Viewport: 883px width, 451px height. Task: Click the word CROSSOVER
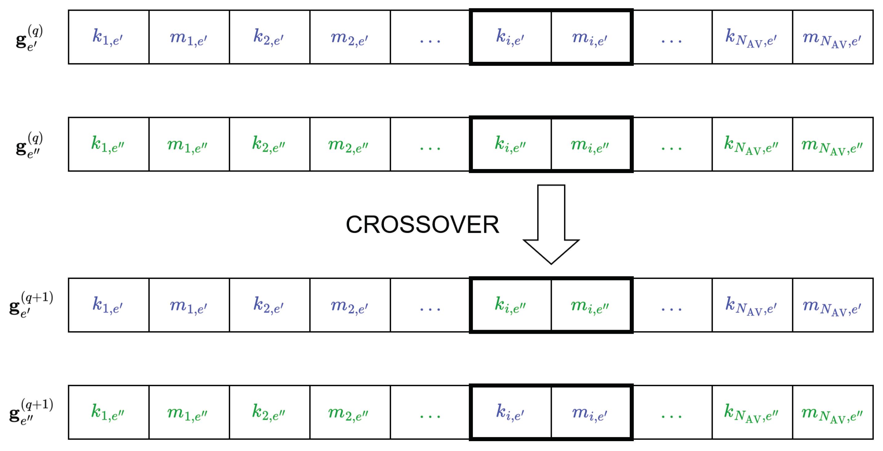click(422, 225)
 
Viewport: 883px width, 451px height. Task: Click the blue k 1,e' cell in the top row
click(108, 37)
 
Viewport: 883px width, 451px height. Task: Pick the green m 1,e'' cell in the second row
click(189, 144)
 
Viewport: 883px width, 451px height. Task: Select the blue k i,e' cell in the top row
click(511, 37)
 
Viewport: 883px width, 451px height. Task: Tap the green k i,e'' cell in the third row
click(511, 305)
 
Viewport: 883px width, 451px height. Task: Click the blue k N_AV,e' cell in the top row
click(752, 37)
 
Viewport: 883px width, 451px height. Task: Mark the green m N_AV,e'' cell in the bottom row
click(832, 412)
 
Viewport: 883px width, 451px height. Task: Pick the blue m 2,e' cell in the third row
click(350, 305)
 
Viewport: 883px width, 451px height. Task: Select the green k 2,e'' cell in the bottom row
click(269, 412)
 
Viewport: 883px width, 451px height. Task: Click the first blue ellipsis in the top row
click(430, 39)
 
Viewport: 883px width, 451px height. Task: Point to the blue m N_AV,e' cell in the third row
click(832, 305)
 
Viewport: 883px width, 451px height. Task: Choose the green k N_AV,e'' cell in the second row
click(752, 144)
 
